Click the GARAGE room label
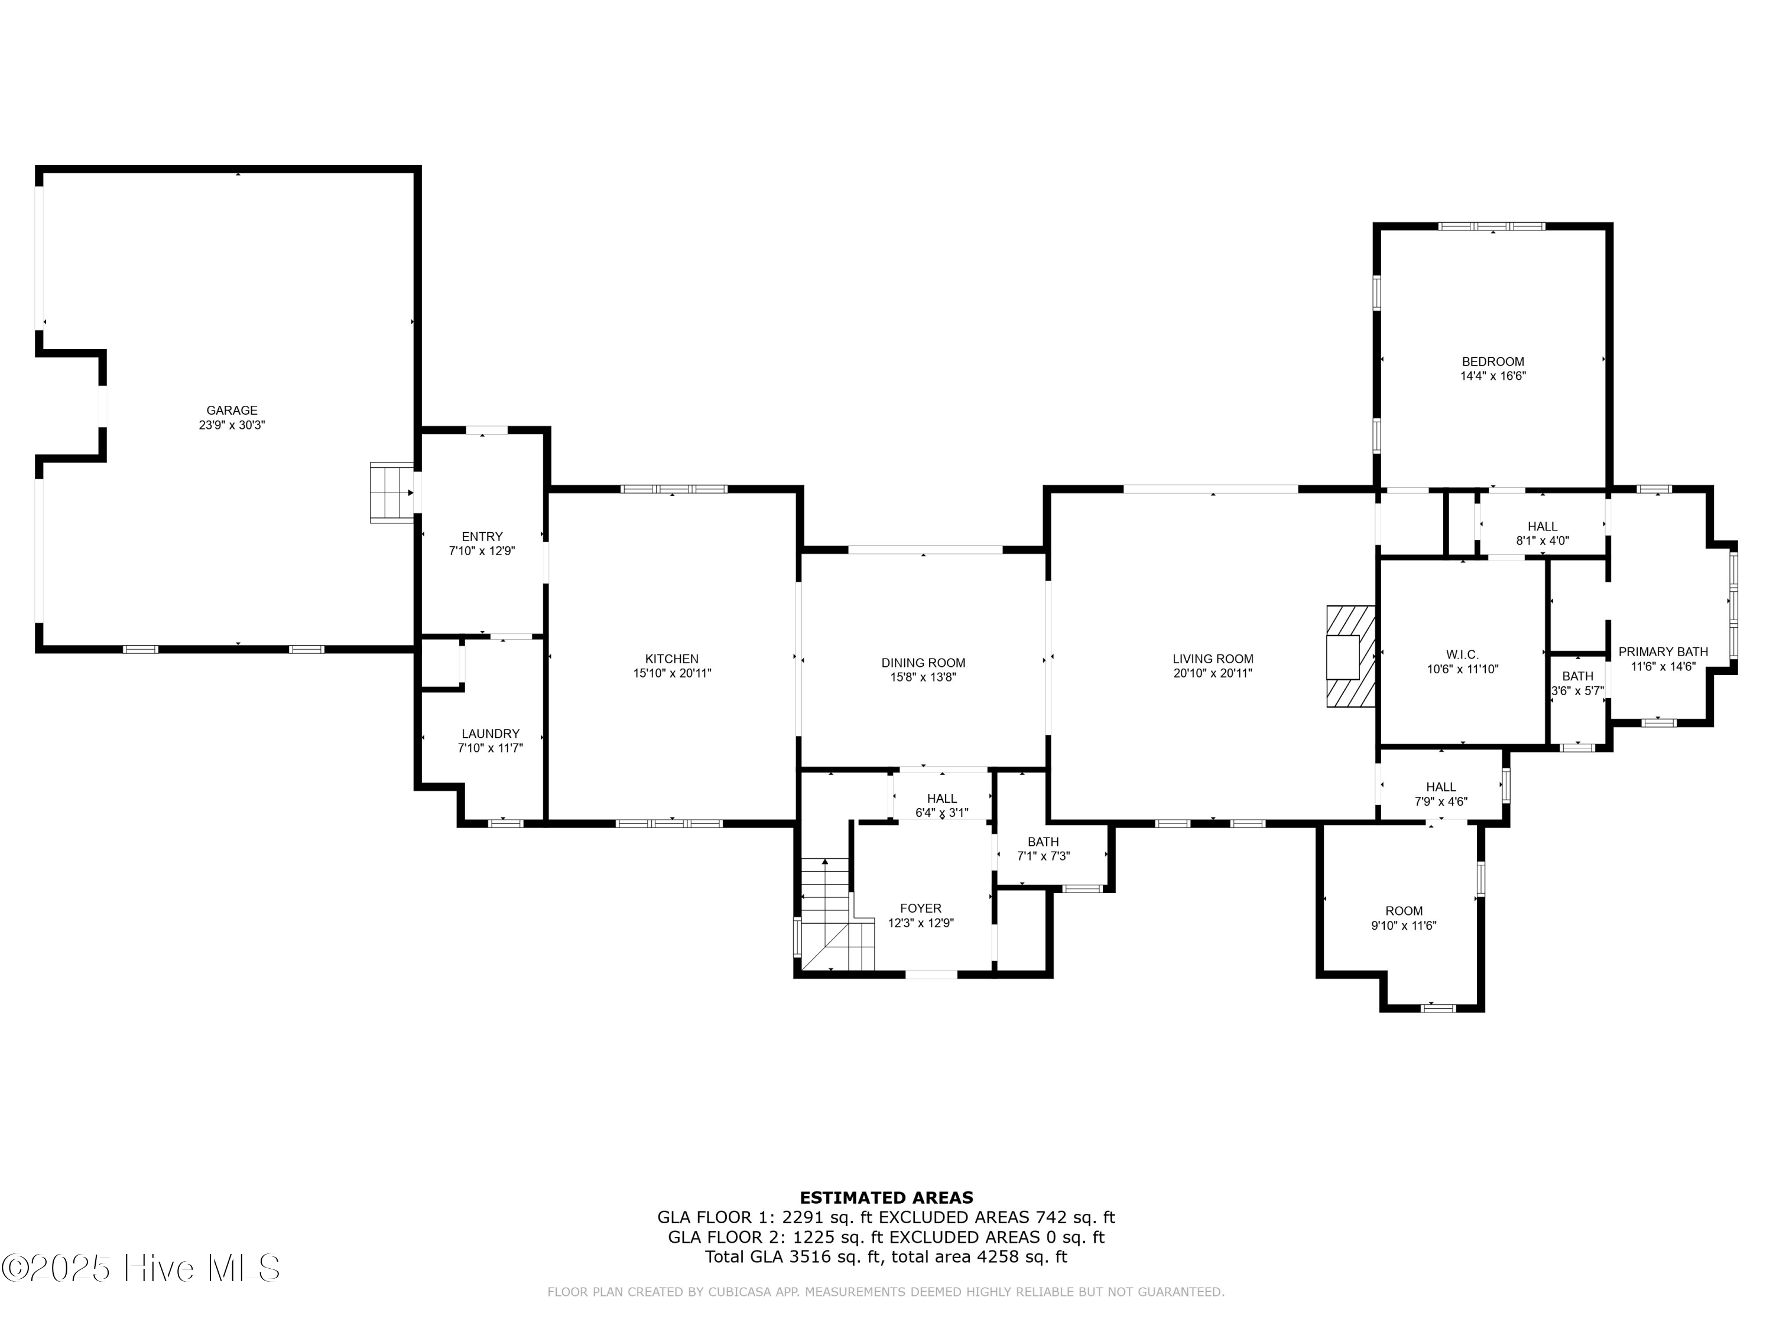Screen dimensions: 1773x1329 coord(232,410)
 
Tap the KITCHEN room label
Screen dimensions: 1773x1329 coord(672,659)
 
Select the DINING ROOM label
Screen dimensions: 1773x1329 coord(923,663)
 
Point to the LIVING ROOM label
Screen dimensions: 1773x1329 coord(1213,659)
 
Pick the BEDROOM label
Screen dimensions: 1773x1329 coord(1492,361)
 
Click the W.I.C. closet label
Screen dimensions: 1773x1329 coord(1463,654)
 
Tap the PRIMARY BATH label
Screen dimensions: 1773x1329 coord(1663,652)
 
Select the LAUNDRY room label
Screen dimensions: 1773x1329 coord(491,733)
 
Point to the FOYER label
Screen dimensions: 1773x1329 coord(920,908)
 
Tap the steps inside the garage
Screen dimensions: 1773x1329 coord(392,493)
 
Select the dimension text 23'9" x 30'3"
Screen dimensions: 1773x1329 coord(232,425)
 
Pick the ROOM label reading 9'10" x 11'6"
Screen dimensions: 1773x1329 coord(1404,910)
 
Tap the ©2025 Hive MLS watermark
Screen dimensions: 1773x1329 coord(141,1268)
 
